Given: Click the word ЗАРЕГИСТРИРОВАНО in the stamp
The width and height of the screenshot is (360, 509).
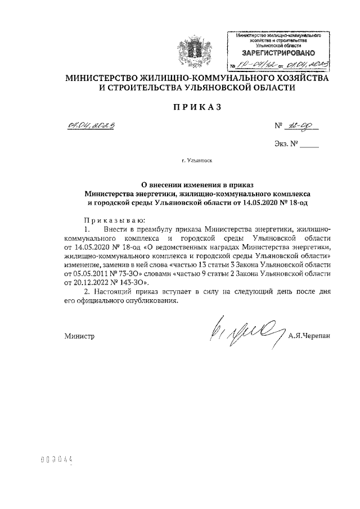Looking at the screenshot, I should [274, 53].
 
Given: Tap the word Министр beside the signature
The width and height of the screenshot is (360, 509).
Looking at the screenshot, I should [80, 337].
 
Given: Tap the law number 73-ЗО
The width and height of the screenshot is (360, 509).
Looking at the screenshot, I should [137, 273].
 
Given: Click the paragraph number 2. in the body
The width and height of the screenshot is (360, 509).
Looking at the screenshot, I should [85, 292].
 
